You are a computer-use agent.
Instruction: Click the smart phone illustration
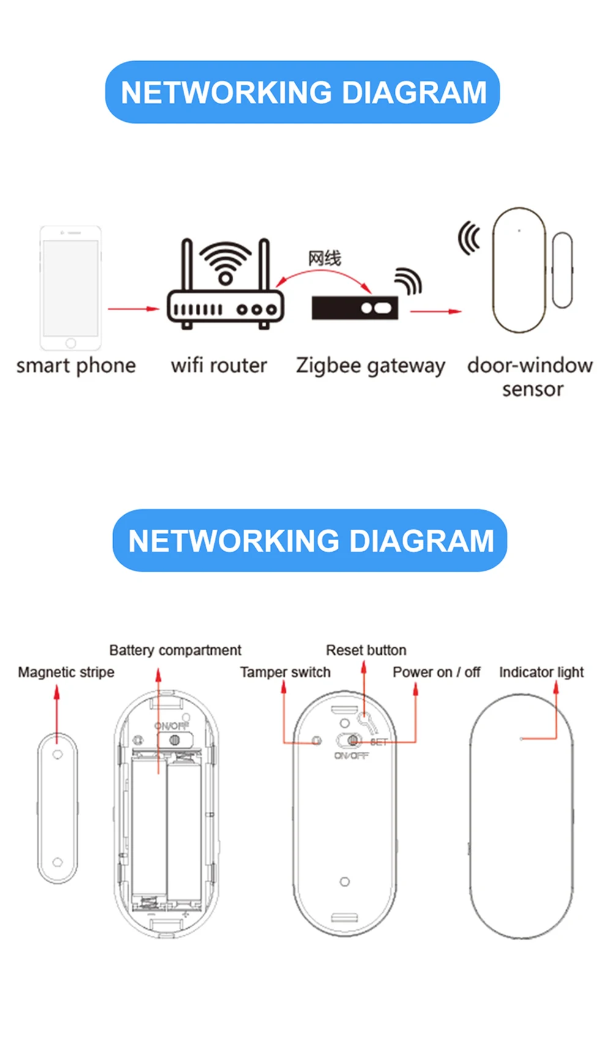point(71,288)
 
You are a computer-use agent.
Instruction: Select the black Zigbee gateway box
point(355,308)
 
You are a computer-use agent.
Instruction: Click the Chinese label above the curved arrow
point(324,258)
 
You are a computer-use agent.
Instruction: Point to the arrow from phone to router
point(133,309)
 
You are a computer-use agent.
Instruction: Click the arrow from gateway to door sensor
point(435,311)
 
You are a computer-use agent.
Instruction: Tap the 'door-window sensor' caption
point(530,376)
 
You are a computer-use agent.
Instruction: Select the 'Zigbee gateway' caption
point(370,365)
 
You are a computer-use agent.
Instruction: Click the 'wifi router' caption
point(219,365)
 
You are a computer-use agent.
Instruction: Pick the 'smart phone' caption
point(76,365)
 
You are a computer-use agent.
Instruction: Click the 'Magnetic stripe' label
point(66,672)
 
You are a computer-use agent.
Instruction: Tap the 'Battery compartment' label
point(175,650)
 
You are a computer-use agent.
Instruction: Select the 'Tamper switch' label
point(285,672)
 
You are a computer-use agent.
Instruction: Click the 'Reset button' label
point(366,650)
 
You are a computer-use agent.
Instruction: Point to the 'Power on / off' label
point(436,672)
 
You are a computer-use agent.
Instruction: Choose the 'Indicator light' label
point(541,672)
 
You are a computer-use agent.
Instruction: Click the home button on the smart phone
point(71,343)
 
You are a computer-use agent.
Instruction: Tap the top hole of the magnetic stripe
point(58,754)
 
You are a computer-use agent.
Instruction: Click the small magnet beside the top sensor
point(562,270)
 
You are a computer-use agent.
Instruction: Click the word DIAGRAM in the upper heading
point(414,92)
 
